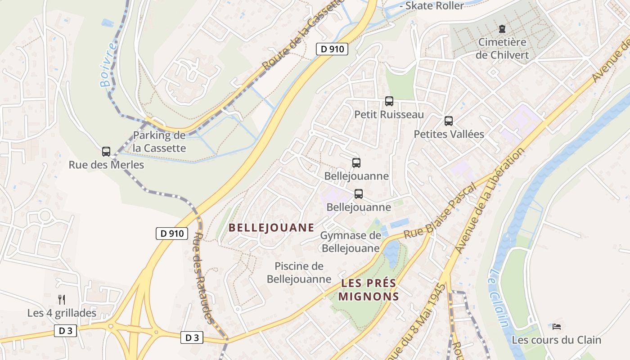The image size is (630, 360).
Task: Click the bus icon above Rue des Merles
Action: (106, 152)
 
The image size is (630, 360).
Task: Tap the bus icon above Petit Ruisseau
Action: (389, 101)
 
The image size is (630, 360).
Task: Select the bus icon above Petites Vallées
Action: (449, 121)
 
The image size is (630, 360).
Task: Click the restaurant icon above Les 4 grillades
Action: (62, 299)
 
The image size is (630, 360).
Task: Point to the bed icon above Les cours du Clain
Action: (557, 326)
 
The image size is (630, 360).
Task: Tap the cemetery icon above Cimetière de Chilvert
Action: (502, 29)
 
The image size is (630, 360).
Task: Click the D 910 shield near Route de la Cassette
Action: (332, 49)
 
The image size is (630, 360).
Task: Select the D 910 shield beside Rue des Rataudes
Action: (172, 233)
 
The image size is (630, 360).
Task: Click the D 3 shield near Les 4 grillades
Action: (66, 331)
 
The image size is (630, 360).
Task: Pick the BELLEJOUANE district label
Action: (271, 227)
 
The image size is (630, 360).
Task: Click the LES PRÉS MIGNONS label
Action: (369, 290)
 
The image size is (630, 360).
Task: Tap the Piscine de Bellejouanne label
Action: (299, 272)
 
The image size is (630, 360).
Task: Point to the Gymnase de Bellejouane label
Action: (351, 242)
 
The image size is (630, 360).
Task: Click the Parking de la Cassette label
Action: (159, 141)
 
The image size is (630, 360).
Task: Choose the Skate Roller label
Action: (434, 5)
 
